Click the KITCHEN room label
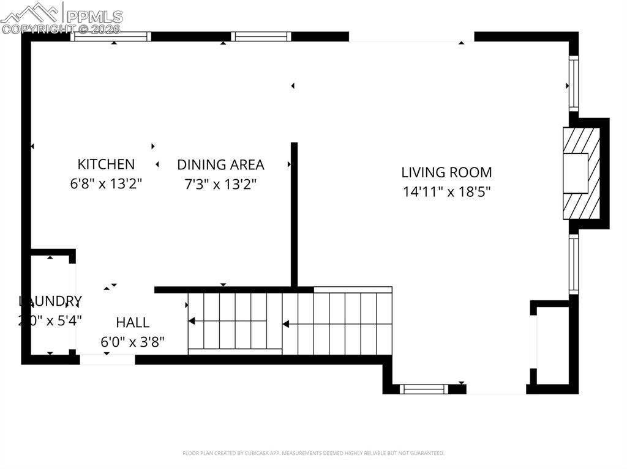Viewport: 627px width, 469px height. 106,164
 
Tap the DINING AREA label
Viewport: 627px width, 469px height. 220,164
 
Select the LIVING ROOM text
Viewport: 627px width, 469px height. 446,172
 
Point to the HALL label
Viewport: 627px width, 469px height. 133,322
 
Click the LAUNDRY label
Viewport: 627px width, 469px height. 50,301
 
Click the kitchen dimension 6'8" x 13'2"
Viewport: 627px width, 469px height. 106,183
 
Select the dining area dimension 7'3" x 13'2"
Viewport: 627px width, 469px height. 220,183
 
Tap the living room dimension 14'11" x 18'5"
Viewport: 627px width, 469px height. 446,191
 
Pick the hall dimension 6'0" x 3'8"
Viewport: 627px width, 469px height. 133,342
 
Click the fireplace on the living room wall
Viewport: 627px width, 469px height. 581,173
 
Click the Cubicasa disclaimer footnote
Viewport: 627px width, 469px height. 313,453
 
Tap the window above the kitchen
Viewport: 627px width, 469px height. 111,37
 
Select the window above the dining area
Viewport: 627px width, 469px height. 261,37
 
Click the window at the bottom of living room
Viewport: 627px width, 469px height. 424,389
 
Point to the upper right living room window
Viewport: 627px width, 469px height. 574,83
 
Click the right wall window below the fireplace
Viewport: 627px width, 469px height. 574,264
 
